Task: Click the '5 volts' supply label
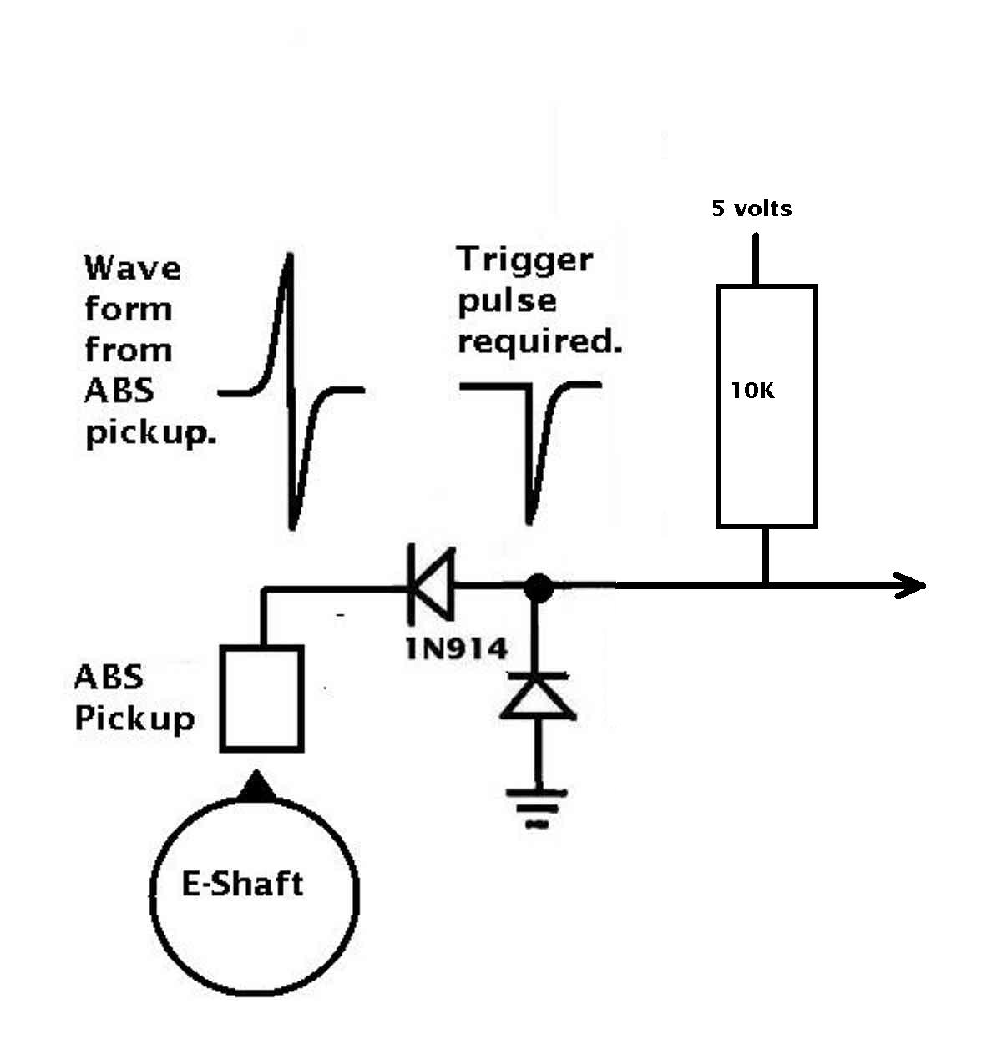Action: [751, 208]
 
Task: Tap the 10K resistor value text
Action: [752, 391]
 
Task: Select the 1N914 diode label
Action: [456, 649]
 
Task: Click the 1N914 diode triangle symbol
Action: [431, 584]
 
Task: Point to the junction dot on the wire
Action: [538, 588]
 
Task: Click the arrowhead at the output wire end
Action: [910, 586]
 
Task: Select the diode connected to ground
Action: [538, 696]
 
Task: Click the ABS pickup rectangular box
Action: [261, 698]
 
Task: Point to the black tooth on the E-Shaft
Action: [257, 788]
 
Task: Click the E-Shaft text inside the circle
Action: [242, 884]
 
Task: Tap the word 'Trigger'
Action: [524, 261]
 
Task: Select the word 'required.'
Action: [539, 341]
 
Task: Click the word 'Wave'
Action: [133, 268]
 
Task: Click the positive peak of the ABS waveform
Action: [291, 255]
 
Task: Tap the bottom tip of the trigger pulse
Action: [529, 521]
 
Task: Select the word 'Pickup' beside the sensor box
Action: [134, 718]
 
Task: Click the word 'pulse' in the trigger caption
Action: [507, 302]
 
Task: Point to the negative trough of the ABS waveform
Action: [292, 527]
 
